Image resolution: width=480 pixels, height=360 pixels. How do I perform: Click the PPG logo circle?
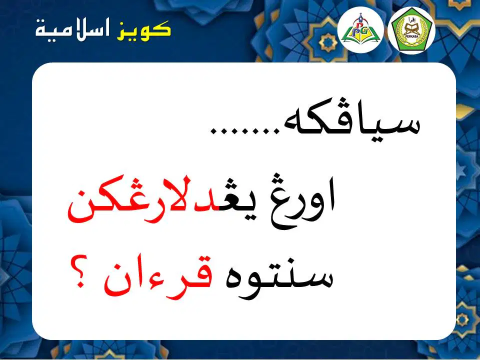tap(360, 29)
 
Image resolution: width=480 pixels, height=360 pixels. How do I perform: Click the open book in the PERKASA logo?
tap(411, 29)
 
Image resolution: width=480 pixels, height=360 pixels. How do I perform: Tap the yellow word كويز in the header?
tap(144, 31)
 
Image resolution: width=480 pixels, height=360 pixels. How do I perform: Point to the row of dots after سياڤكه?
tap(245, 131)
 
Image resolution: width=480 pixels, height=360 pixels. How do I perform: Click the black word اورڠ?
tap(303, 200)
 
